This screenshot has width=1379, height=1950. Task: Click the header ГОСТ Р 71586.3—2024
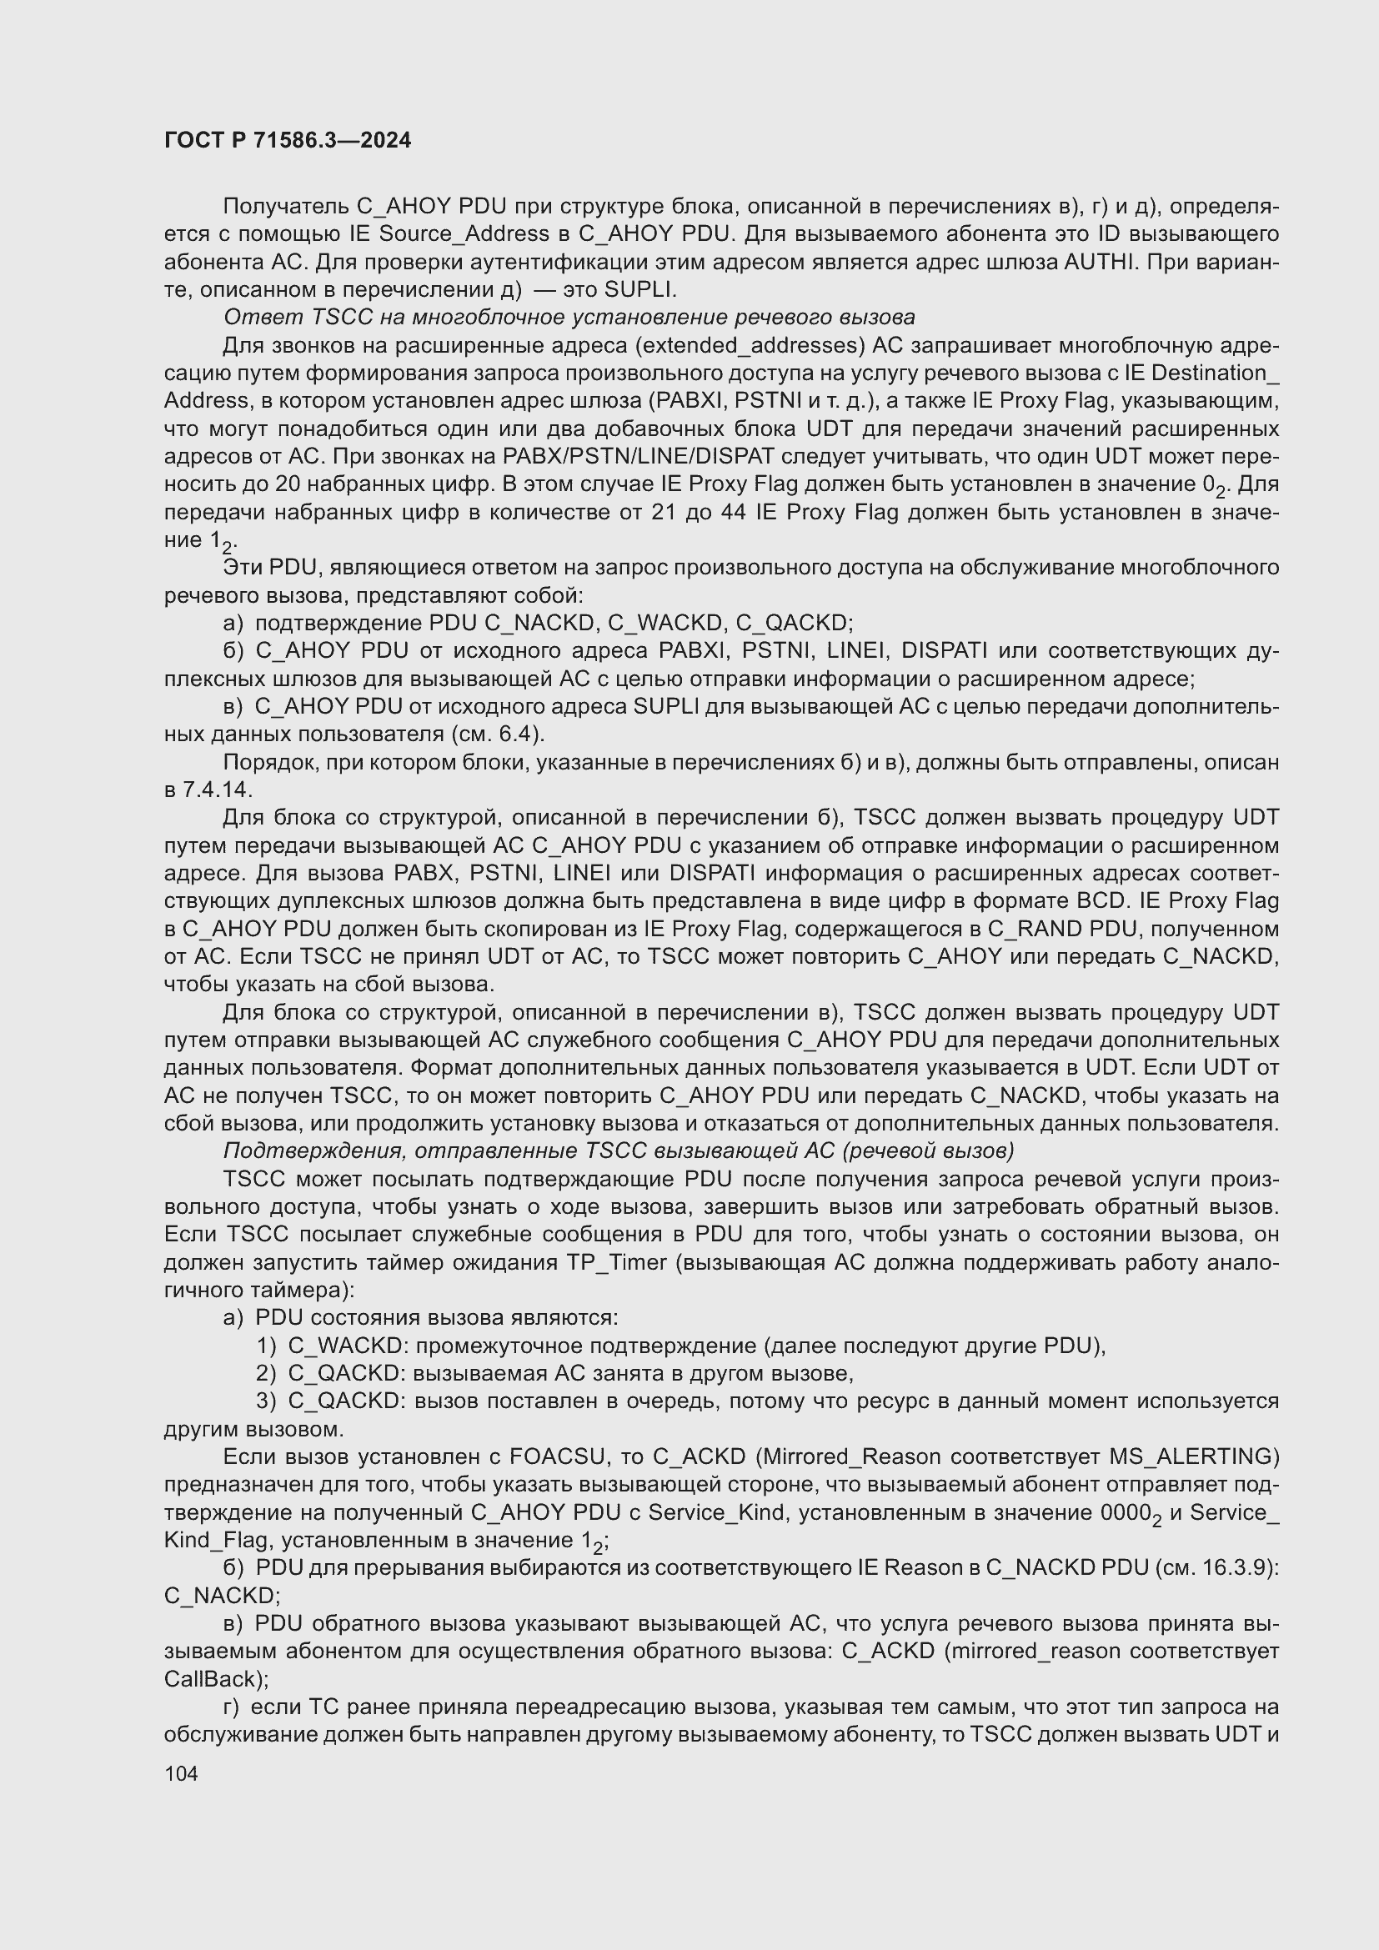[287, 140]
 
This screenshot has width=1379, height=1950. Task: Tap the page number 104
[181, 1772]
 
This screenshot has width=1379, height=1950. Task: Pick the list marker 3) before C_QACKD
[266, 1401]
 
